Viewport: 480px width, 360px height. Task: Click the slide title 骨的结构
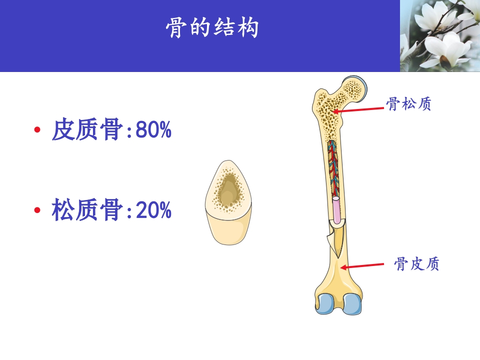click(212, 29)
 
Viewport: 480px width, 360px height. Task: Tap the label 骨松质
click(408, 104)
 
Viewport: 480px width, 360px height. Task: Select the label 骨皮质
click(416, 264)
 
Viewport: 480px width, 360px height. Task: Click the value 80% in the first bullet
click(153, 131)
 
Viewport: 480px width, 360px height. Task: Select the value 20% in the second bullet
click(153, 211)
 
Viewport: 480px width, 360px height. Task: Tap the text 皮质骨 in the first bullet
click(87, 131)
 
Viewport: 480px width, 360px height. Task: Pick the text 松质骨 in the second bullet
click(87, 211)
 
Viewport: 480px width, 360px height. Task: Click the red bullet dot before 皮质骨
click(37, 131)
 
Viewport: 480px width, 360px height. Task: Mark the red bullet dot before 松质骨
click(37, 210)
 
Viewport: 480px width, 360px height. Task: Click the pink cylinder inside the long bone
click(337, 210)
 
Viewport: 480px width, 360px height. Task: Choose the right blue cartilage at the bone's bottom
click(353, 303)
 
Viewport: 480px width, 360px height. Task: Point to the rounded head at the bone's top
click(355, 88)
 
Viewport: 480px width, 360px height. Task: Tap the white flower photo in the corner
click(440, 36)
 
